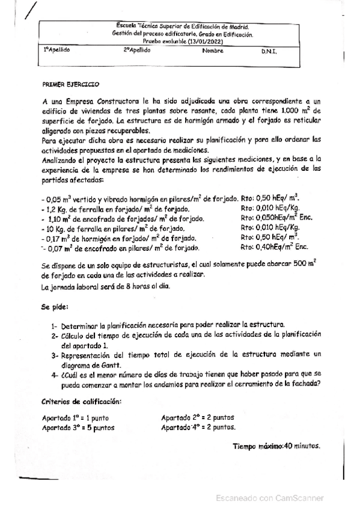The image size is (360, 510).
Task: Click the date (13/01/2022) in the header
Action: point(203,41)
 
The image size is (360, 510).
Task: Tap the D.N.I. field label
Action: point(269,52)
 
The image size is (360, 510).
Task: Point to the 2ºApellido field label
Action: point(137,51)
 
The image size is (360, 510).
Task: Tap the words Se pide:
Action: point(55,306)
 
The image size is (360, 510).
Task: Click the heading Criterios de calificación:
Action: point(81,401)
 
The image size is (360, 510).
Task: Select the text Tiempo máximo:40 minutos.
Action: point(276,446)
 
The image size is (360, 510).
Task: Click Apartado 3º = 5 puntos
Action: point(78,428)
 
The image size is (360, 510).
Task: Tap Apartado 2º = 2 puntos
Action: point(198,417)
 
